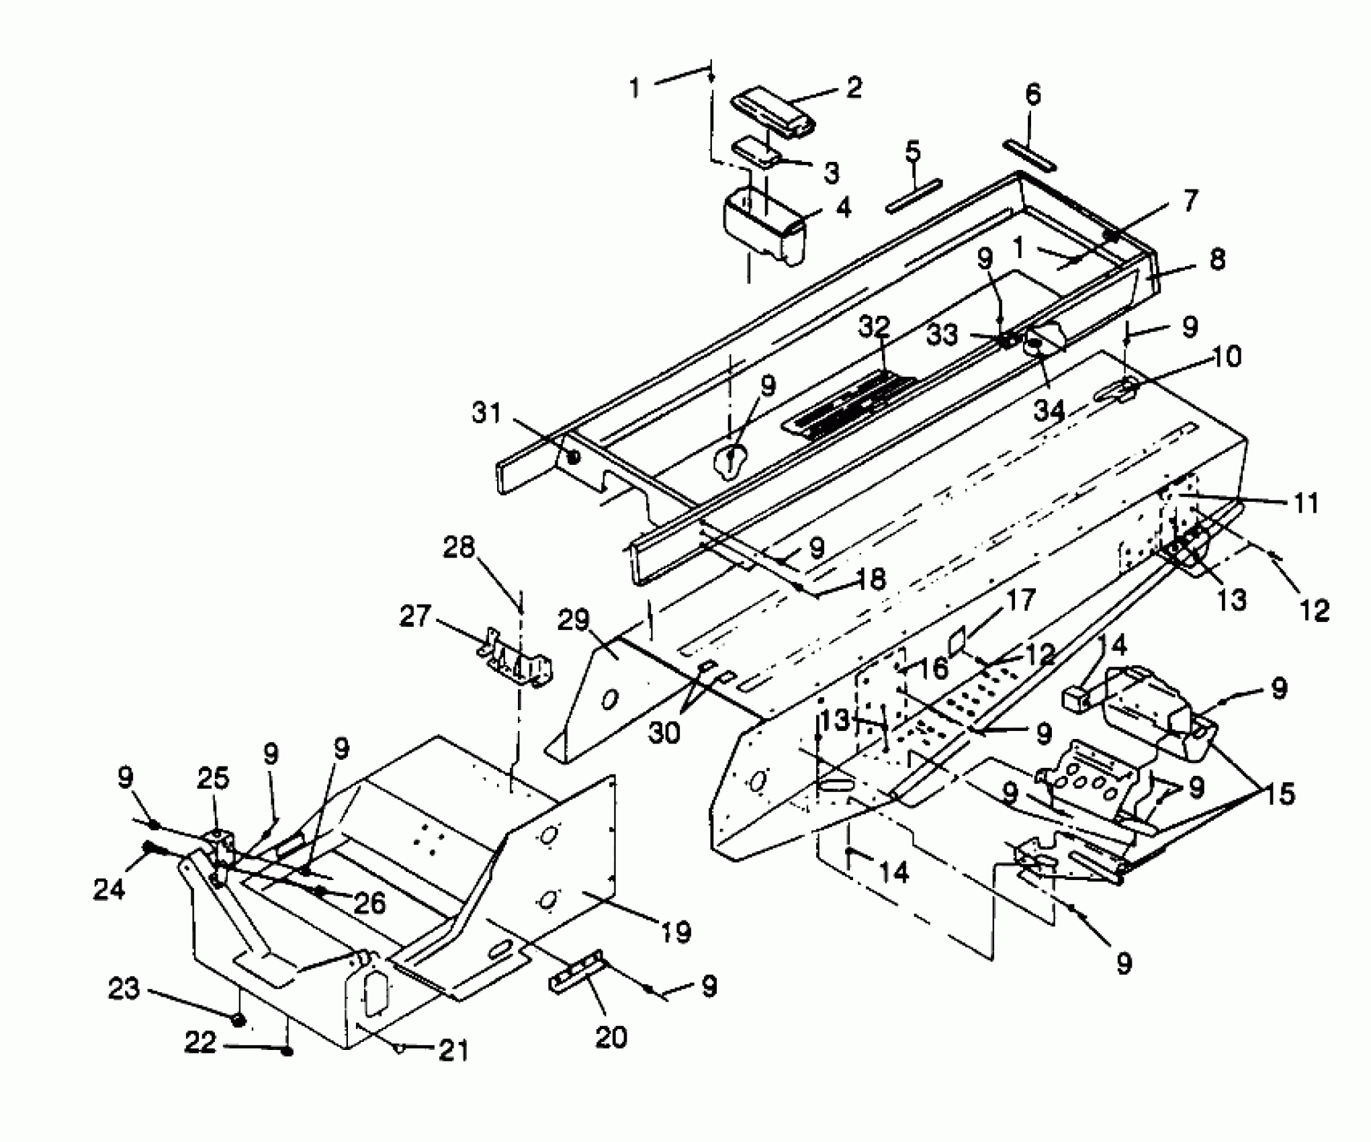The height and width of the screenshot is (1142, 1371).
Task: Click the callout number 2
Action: [x=853, y=88]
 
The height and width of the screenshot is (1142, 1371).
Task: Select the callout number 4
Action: [x=842, y=208]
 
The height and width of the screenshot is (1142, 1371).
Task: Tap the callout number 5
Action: [x=912, y=152]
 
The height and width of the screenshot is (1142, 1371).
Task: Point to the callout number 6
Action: [x=1033, y=94]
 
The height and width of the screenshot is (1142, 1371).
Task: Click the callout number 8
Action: [x=1217, y=260]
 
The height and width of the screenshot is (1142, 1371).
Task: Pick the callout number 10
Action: [x=1227, y=357]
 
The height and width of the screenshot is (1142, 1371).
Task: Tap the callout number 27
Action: [x=414, y=615]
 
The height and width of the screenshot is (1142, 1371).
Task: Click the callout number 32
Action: [x=874, y=328]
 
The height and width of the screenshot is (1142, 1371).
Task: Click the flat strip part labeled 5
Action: [x=914, y=195]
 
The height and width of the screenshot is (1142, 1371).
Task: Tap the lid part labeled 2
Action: [x=772, y=109]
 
